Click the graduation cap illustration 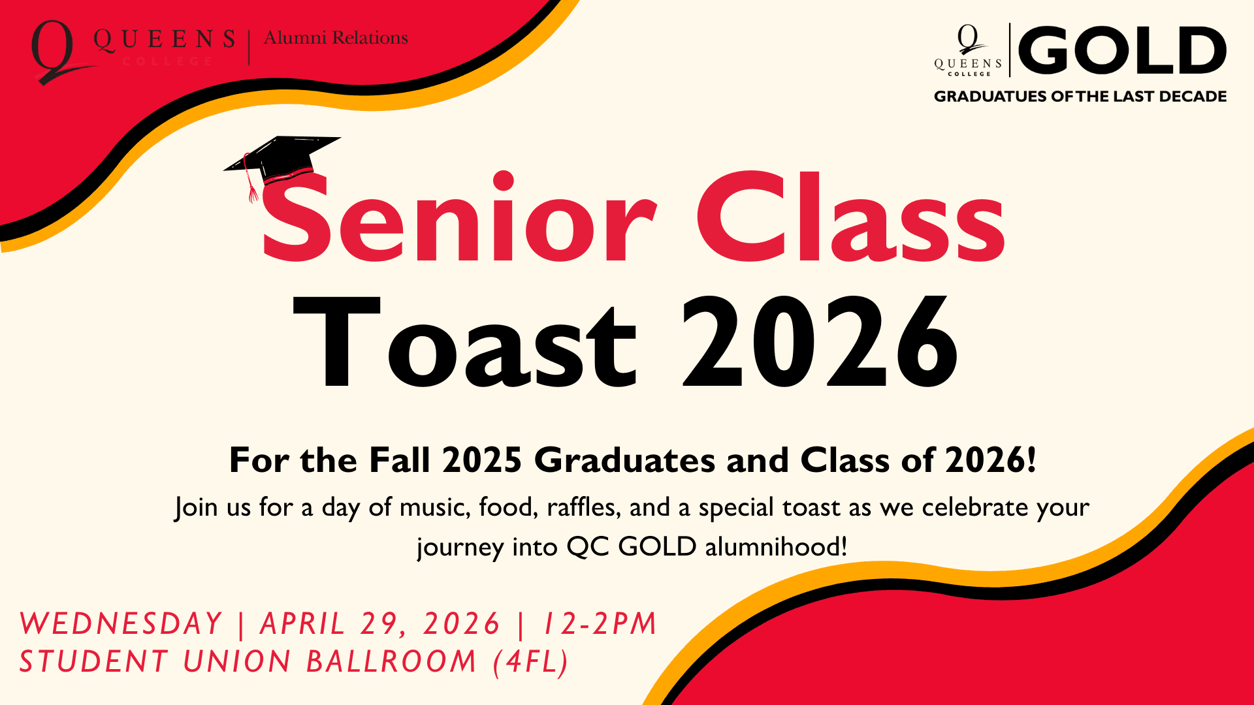(x=282, y=159)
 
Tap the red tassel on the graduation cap (x=251, y=186)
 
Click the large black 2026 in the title (x=820, y=343)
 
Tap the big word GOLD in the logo (x=1122, y=50)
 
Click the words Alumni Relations (x=336, y=39)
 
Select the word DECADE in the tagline (x=1193, y=97)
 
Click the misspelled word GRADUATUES (x=990, y=97)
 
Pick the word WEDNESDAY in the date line (x=121, y=624)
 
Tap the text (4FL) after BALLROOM (x=531, y=662)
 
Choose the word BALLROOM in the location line (x=391, y=662)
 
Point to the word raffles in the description (x=584, y=508)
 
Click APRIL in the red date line (x=302, y=624)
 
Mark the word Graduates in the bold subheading (x=624, y=461)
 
